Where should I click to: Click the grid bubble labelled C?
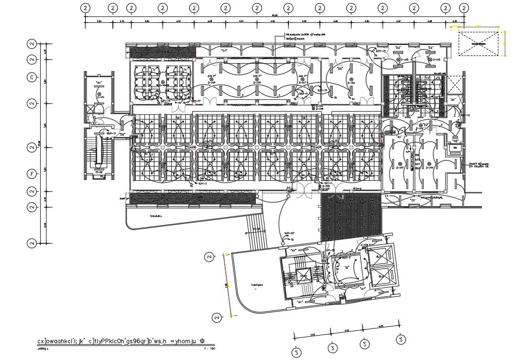32,77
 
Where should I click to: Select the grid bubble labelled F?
32,174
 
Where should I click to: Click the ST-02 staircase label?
99,171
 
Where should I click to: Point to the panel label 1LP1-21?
464,116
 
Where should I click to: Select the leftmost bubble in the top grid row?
85,8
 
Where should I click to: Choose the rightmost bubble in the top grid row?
463,8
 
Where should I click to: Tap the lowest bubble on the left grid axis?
32,243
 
